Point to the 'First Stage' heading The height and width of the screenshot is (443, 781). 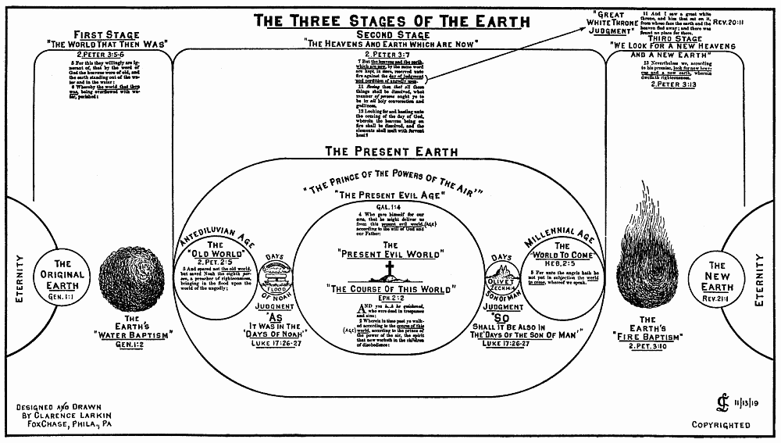click(x=107, y=34)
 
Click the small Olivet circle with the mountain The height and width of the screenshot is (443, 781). click(x=501, y=277)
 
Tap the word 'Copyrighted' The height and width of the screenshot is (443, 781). click(x=721, y=425)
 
